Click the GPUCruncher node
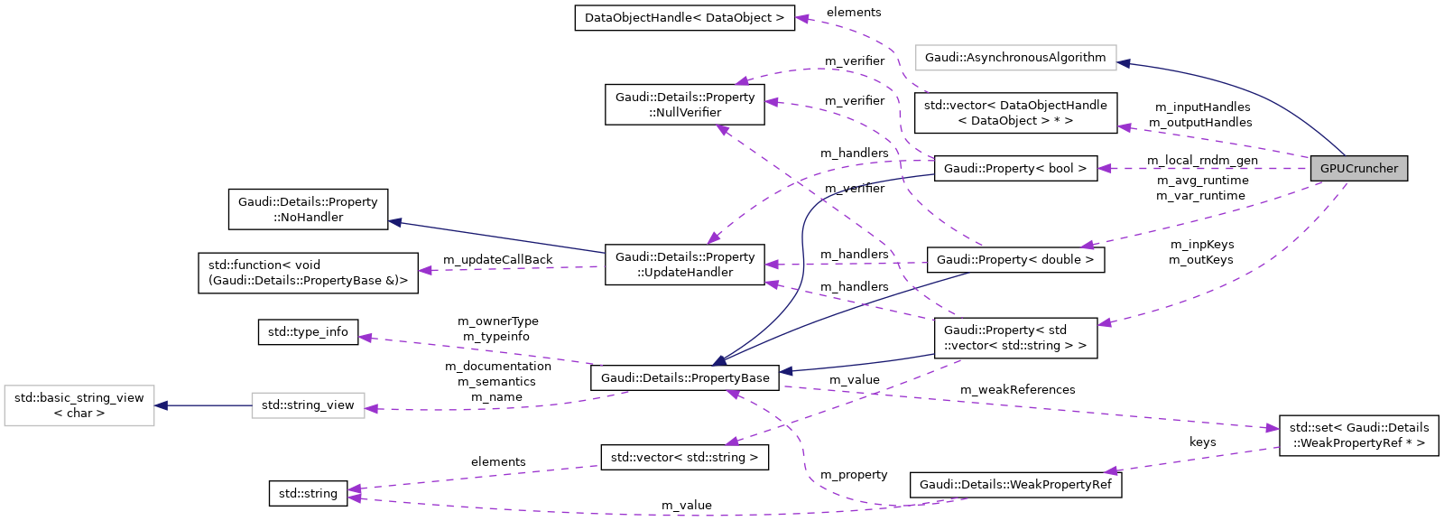[x=1358, y=169]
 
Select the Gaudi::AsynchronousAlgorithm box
[x=1015, y=58]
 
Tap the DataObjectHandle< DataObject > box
[x=684, y=18]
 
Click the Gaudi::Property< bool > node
[x=1015, y=169]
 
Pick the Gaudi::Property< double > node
[x=1015, y=260]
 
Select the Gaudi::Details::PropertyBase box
[x=685, y=378]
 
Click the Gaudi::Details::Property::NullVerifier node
[x=685, y=105]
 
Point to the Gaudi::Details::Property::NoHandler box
[x=308, y=209]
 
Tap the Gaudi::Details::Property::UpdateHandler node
[x=685, y=265]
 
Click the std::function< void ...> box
[x=308, y=273]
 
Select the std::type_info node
[x=308, y=332]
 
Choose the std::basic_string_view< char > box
[x=79, y=405]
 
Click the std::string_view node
[x=308, y=405]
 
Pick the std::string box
[x=308, y=494]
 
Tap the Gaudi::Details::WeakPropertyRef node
[x=1015, y=485]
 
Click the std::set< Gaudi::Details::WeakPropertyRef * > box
[x=1358, y=435]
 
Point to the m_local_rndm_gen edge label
[x=1202, y=161]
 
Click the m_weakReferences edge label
[x=1017, y=390]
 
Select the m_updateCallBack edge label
[x=497, y=260]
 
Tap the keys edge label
[x=1202, y=442]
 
